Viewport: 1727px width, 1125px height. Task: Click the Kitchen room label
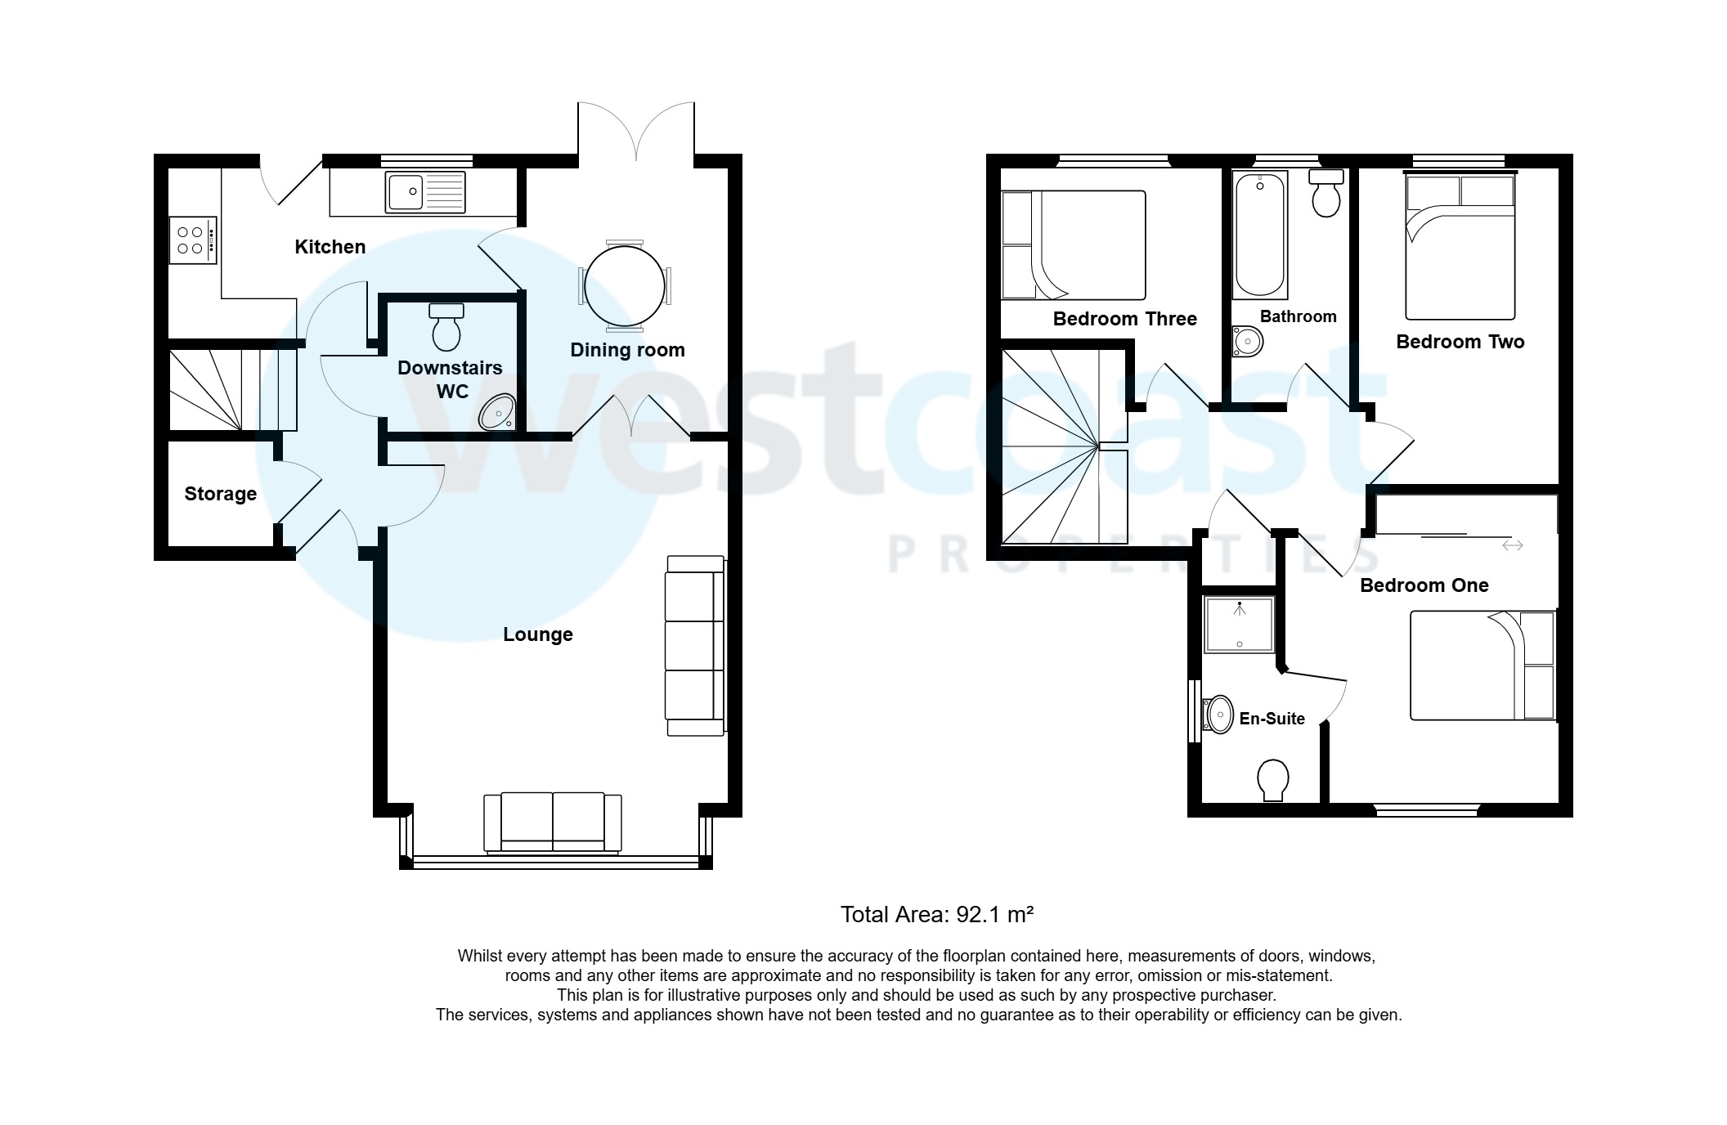[x=330, y=247]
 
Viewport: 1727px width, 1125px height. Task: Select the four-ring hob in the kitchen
[x=192, y=240]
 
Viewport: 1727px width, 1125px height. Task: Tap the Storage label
[x=220, y=494]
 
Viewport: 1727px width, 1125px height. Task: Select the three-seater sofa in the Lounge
[x=695, y=646]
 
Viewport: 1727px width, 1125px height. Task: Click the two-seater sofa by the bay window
[x=553, y=822]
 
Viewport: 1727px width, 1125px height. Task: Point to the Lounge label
[x=537, y=634]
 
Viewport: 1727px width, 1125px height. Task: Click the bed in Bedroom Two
[x=1460, y=247]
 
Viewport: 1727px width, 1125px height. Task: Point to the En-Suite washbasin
[x=1218, y=715]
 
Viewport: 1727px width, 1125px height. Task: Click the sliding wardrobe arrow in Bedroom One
[x=1512, y=545]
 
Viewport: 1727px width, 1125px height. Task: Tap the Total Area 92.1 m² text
[x=937, y=914]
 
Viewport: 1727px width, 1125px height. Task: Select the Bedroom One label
[x=1424, y=585]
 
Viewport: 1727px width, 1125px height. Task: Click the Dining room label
[x=627, y=350]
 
